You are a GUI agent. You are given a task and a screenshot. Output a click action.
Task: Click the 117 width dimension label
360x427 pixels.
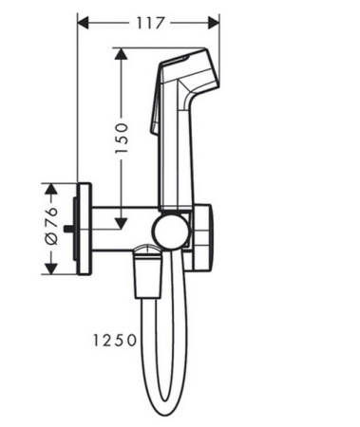tap(149, 20)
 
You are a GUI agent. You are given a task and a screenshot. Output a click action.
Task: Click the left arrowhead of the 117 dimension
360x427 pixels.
tap(82, 20)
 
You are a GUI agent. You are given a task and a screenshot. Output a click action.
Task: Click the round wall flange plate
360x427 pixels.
tap(85, 228)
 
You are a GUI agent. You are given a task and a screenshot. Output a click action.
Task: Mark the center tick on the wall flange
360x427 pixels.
tap(74, 228)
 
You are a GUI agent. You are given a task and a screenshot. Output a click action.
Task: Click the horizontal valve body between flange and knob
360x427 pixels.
tap(123, 228)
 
